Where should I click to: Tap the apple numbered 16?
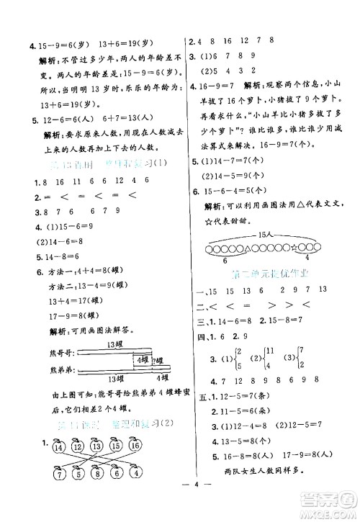click(135, 446)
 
